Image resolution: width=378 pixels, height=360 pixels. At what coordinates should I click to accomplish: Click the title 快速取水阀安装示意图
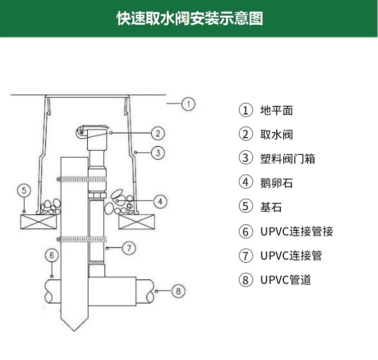[190, 19]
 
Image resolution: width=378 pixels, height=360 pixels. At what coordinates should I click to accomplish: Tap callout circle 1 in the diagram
[188, 104]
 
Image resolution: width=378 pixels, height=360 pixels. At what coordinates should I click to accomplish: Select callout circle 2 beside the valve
[158, 133]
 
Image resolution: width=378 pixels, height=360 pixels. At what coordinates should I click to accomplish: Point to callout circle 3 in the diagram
[158, 152]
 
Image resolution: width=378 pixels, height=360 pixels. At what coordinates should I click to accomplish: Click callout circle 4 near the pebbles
[160, 202]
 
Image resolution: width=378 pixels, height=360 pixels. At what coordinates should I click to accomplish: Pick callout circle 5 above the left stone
[24, 191]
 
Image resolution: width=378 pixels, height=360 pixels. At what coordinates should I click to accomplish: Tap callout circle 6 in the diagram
[52, 255]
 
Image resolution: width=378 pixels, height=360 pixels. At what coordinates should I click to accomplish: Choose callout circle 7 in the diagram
[129, 248]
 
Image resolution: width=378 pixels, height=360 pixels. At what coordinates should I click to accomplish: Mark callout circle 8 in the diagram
[178, 291]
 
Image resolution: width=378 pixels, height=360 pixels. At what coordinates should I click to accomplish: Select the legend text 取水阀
[276, 135]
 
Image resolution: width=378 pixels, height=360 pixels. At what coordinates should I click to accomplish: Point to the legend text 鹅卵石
[276, 183]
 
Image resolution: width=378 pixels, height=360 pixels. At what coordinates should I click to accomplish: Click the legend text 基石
[271, 207]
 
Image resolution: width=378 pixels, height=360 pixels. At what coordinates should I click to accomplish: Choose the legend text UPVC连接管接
[297, 231]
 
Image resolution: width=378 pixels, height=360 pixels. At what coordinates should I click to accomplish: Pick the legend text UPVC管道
[286, 279]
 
